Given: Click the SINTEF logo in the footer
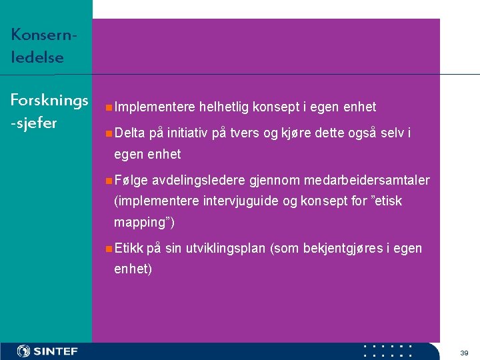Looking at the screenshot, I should click(48, 351).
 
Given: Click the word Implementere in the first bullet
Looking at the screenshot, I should click(155, 107).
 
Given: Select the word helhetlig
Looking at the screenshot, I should click(224, 107).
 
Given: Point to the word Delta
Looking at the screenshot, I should click(129, 133).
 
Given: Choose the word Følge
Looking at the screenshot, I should click(131, 181).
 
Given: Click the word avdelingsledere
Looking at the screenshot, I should click(199, 181).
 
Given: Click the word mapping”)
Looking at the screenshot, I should click(145, 222).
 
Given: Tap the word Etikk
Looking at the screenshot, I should click(129, 249).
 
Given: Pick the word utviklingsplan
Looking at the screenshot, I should click(225, 249).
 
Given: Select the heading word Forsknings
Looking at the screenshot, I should click(49, 101).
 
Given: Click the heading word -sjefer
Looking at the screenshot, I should click(34, 123).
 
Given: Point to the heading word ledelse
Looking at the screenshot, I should click(37, 57).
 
